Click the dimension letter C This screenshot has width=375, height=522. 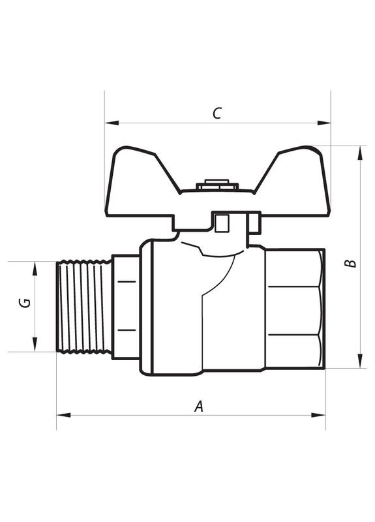point(217,113)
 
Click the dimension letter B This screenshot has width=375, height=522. point(350,263)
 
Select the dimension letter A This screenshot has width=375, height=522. point(200,406)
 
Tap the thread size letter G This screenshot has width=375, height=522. point(25,303)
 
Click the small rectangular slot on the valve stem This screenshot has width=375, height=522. point(222,224)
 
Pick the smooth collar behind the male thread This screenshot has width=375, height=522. point(125,306)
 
